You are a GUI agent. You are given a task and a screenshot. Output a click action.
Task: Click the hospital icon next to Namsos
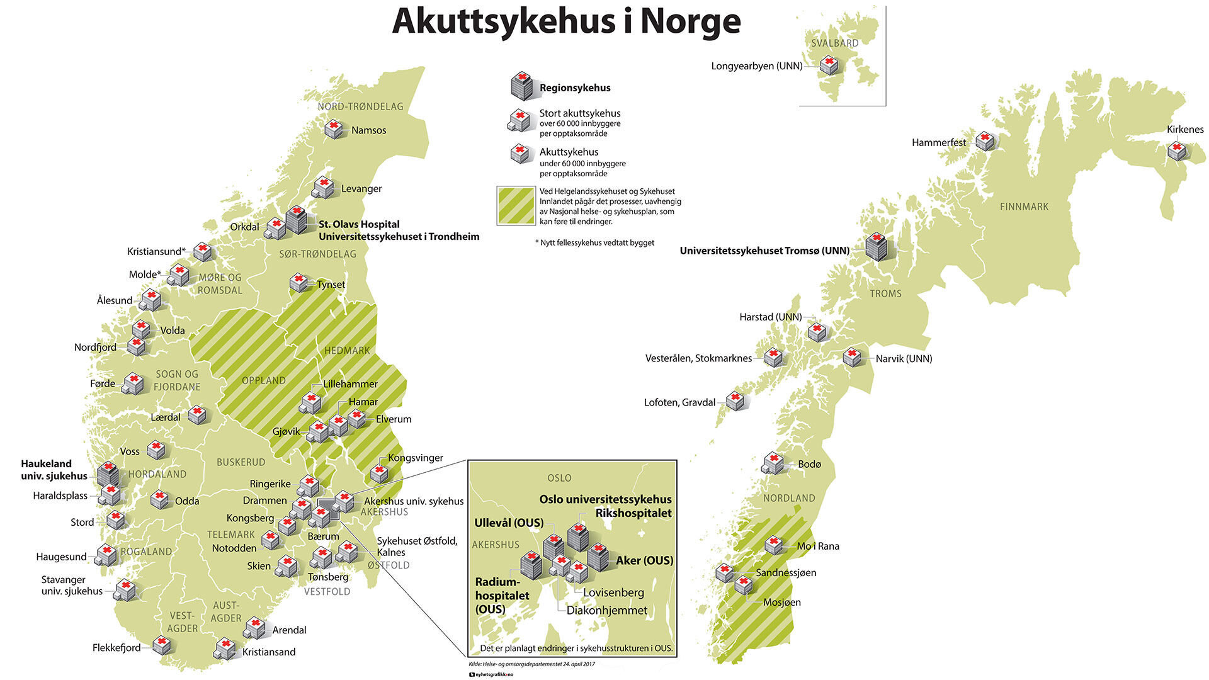[334, 129]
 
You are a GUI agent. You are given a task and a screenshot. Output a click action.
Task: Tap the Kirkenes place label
[1184, 129]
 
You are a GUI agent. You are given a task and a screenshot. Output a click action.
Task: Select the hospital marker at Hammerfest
[985, 141]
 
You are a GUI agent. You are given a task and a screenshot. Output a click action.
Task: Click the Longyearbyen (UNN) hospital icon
[829, 65]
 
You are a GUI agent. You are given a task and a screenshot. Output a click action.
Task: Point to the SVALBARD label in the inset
[834, 43]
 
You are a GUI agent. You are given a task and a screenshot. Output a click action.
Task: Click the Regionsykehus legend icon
[521, 86]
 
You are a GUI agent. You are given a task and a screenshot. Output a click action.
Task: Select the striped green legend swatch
[516, 205]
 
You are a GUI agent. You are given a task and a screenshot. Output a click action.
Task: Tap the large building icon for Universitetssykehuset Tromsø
[875, 247]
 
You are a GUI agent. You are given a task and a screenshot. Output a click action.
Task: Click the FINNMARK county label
[1024, 207]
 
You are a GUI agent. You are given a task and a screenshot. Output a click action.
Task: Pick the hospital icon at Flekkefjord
[162, 645]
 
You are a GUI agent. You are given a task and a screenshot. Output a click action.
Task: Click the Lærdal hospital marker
[197, 414]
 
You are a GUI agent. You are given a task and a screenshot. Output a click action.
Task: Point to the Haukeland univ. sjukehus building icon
[108, 473]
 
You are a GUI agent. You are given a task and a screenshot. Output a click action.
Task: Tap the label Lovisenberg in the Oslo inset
[613, 592]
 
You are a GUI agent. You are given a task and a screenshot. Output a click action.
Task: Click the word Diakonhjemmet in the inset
[606, 610]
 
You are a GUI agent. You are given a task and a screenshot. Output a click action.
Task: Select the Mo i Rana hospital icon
[773, 545]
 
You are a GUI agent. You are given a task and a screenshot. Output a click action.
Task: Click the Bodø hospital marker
[773, 463]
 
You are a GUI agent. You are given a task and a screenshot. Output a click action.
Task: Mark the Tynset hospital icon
[298, 282]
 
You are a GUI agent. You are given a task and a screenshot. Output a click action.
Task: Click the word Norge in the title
[690, 21]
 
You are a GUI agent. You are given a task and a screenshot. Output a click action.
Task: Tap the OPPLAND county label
[263, 380]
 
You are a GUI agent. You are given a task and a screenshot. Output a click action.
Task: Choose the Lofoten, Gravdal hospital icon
[735, 400]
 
